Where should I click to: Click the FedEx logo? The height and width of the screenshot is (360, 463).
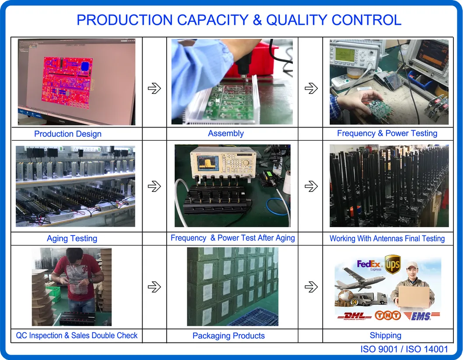(369, 265)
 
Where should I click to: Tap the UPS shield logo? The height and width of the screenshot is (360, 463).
(392, 264)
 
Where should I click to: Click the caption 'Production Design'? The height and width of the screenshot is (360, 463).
(68, 134)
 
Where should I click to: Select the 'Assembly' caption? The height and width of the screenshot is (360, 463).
(226, 134)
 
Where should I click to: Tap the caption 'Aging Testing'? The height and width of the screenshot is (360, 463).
(72, 239)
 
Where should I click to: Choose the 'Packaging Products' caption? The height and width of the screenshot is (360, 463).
(229, 336)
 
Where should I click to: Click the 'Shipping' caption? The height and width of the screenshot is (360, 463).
(385, 336)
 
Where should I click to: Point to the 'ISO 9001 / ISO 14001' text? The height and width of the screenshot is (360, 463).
(404, 349)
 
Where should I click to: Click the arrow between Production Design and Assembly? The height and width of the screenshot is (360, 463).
(154, 89)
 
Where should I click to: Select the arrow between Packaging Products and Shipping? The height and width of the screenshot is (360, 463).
(311, 287)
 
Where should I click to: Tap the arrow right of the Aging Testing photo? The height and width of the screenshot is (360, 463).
(154, 187)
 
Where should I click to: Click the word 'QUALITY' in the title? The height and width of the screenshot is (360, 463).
(297, 20)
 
